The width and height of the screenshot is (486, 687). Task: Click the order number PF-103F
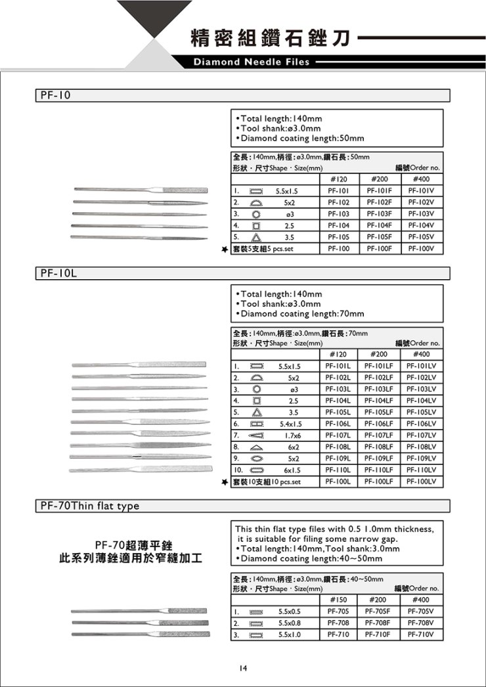point(382,214)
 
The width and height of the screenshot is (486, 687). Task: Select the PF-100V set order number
point(419,249)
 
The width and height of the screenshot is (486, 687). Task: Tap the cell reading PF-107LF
point(382,435)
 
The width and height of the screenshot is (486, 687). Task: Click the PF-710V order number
point(419,634)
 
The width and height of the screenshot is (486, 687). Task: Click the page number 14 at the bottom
point(242,668)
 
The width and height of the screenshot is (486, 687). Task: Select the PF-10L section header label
point(56,272)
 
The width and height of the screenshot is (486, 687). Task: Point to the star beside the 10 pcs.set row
point(225,482)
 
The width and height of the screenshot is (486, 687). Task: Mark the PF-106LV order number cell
point(419,423)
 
